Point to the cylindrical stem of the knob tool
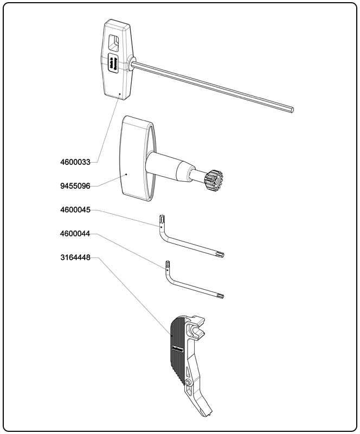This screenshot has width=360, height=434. click(x=171, y=167)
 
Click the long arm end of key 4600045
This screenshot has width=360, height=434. click(x=220, y=254)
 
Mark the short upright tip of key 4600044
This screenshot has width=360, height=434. click(x=168, y=266)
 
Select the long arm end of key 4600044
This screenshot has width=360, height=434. click(x=220, y=296)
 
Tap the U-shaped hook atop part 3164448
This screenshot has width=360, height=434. click(x=197, y=329)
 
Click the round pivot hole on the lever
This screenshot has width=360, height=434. click(x=188, y=384)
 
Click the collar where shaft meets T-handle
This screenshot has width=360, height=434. click(x=131, y=63)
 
